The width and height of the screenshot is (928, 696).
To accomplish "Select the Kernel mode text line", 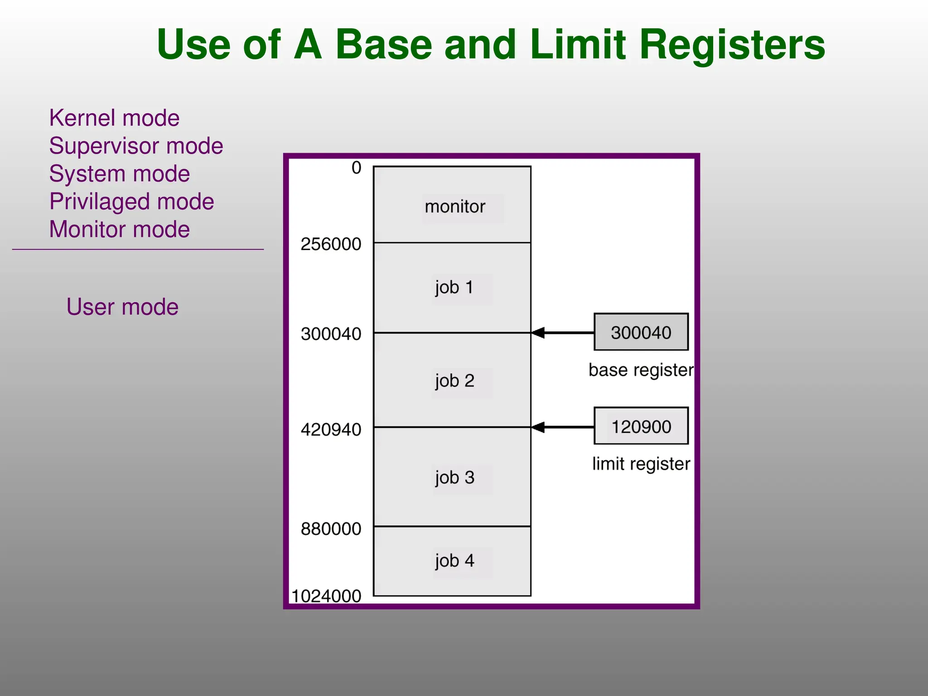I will coord(114,118).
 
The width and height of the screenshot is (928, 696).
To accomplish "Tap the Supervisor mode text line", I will coord(136,146).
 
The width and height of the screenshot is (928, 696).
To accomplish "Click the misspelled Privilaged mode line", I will coord(131,202).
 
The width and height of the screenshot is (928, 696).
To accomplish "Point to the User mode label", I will coord(122,307).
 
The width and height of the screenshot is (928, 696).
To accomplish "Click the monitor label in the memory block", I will coord(455,207).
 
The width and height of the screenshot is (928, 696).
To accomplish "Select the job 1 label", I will coord(454,287).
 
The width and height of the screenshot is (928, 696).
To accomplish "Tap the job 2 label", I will coord(454,381).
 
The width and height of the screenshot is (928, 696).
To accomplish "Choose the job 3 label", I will coord(454,478).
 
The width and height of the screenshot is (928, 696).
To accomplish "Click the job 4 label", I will coord(454,561).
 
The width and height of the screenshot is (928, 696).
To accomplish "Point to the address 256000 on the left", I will coord(331,244).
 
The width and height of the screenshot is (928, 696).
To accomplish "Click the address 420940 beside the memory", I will coord(331,429).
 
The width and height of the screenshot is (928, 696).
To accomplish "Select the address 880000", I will coord(331,529).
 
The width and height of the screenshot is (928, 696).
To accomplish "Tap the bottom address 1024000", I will coord(326,596).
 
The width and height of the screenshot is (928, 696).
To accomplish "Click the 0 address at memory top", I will coord(356,168).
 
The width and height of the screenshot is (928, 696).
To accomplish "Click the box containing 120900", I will coord(641,426).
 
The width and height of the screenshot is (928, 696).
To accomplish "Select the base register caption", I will coord(641,370).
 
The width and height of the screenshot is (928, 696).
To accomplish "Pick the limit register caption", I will coord(641,464).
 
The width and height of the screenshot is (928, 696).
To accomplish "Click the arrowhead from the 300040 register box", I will coord(538,333).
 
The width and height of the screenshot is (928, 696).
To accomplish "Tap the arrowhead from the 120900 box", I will coord(538,427).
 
